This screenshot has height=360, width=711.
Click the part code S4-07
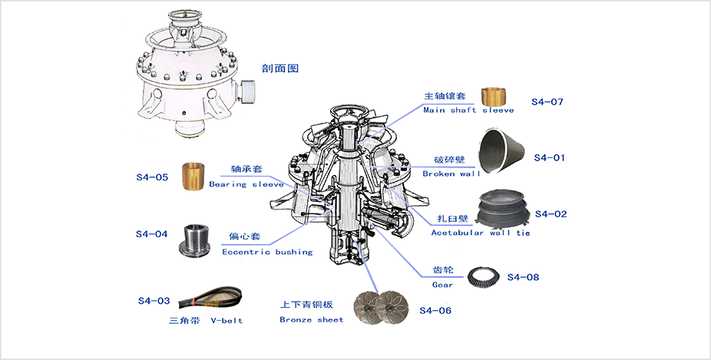[547, 102]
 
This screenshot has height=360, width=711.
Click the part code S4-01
[548, 157]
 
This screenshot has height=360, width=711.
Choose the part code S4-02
[551, 213]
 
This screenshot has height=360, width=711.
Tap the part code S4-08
[524, 276]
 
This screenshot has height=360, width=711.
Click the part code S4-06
[435, 310]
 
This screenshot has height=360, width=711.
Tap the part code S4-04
[151, 233]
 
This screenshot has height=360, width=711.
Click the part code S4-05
[151, 177]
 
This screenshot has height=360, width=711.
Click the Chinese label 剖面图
[283, 68]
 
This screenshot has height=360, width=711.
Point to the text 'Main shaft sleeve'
[468, 110]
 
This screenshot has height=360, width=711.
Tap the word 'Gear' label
[442, 285]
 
